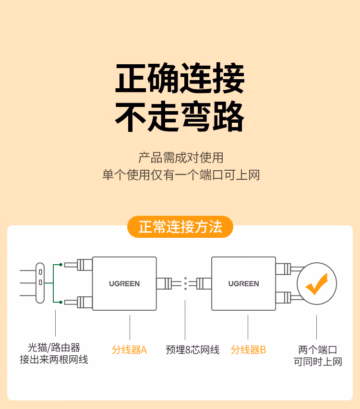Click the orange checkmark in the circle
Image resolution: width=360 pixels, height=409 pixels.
click(316, 284)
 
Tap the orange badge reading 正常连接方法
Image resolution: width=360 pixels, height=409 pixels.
click(180, 227)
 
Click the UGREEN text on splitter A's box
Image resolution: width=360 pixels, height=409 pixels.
click(124, 283)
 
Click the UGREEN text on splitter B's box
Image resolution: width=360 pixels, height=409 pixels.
click(243, 283)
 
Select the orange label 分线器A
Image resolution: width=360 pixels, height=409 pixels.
click(129, 350)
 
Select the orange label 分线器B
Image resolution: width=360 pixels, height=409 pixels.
click(248, 350)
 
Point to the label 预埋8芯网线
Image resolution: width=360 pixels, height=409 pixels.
click(192, 350)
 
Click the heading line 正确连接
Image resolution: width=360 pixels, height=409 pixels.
click(180, 78)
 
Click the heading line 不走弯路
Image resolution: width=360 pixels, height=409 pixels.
click(180, 117)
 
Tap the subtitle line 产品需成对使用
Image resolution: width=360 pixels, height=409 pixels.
click(180, 158)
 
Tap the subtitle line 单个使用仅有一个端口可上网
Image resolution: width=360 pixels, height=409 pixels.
click(180, 175)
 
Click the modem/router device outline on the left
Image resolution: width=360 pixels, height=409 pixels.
click(40, 283)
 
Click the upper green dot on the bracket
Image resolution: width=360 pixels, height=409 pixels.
click(60, 265)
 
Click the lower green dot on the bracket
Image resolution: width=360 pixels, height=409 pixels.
click(60, 303)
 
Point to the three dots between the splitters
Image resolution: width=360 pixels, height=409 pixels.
click(185, 283)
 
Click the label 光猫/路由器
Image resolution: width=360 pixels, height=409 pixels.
click(54, 348)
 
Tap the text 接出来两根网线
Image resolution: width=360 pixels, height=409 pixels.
click(54, 360)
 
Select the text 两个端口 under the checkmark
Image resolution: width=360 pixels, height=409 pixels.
click(317, 350)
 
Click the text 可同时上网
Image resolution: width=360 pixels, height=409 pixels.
click(317, 362)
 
